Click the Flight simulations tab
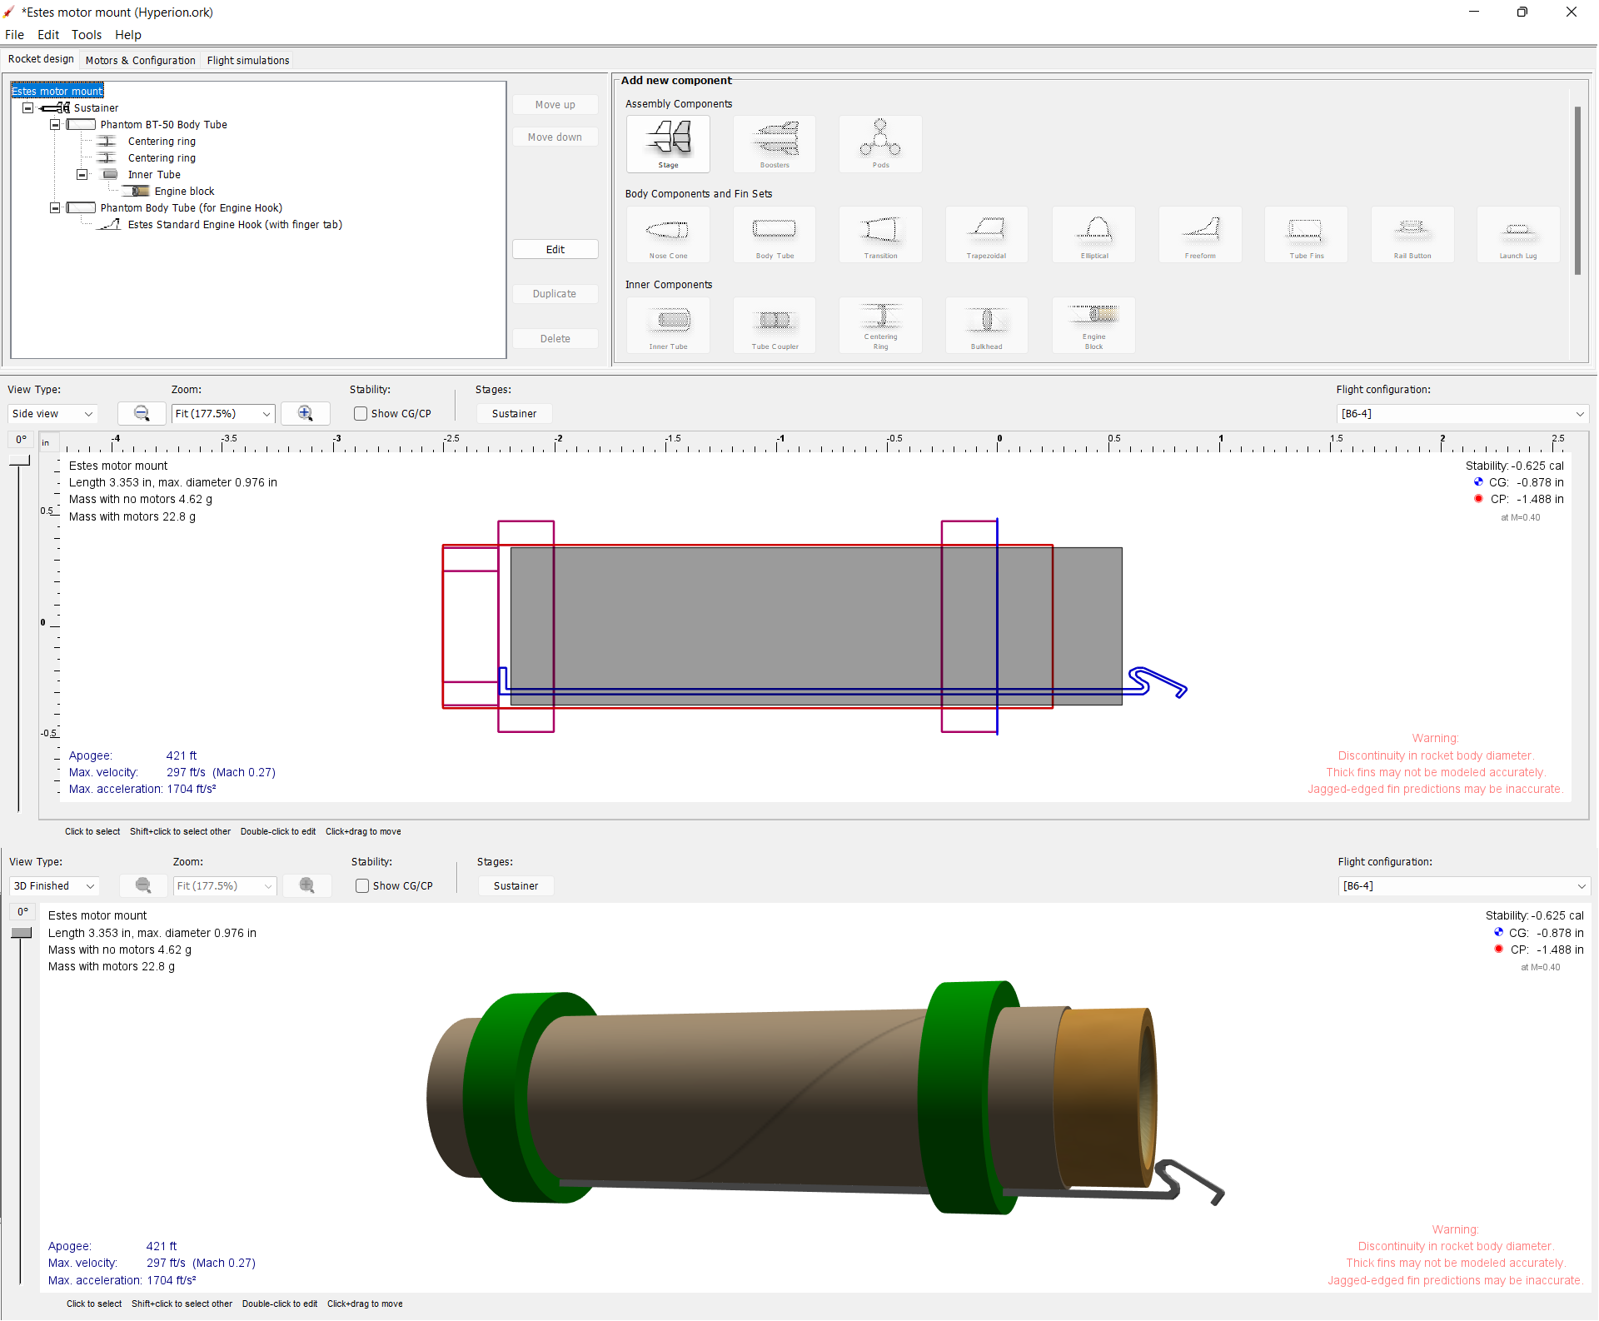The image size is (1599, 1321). point(247,60)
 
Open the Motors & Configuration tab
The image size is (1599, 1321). point(140,60)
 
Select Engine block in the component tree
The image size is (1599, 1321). point(184,191)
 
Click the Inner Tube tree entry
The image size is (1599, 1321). point(154,174)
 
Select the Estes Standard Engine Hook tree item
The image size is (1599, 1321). point(234,224)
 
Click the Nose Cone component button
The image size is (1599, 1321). point(668,235)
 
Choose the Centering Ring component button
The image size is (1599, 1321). point(880,325)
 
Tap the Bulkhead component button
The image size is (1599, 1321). point(986,325)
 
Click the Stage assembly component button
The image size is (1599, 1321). point(668,143)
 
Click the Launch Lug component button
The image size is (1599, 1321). point(1517,235)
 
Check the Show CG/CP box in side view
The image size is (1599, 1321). point(361,414)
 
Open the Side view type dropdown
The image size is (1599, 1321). point(52,414)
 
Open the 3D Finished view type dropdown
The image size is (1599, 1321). point(54,886)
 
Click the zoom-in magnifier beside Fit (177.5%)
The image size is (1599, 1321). point(305,413)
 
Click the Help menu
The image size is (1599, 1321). point(127,35)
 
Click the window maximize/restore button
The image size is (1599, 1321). point(1522,12)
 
